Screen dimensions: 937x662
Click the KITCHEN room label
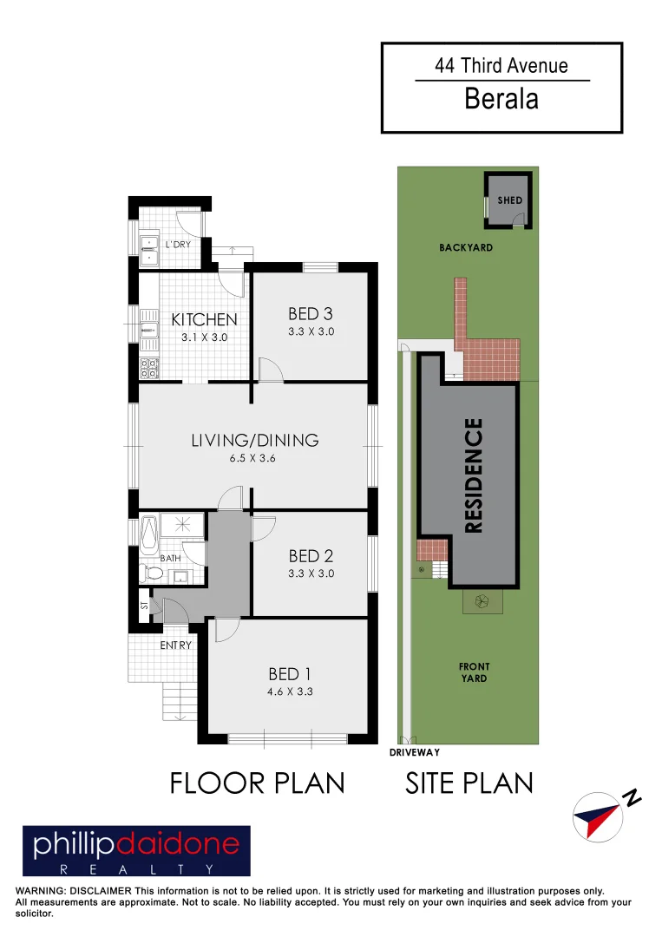click(204, 319)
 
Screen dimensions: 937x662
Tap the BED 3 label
click(311, 314)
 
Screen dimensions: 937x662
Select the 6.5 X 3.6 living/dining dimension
click(254, 458)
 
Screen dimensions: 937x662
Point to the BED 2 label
click(311, 555)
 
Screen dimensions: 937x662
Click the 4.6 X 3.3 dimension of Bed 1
click(289, 692)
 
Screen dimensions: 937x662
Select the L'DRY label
click(178, 245)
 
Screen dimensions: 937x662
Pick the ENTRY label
click(175, 645)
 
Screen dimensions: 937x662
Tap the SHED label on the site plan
click(510, 200)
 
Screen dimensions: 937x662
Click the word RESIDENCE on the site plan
click(474, 475)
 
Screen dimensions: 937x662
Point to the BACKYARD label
click(466, 247)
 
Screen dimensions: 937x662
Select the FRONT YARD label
click(473, 672)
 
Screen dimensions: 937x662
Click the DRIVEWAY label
click(415, 753)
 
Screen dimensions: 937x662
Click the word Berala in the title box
click(501, 99)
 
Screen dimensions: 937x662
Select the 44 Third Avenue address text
click(501, 65)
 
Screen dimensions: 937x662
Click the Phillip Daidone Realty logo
click(136, 850)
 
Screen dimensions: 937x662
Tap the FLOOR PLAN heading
click(257, 783)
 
